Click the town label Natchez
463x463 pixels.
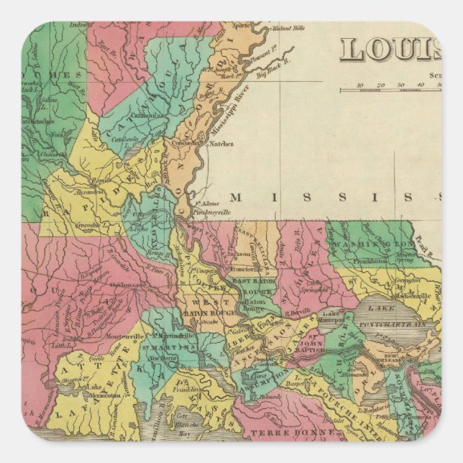click(221, 144)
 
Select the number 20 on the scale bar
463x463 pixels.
click(380, 84)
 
